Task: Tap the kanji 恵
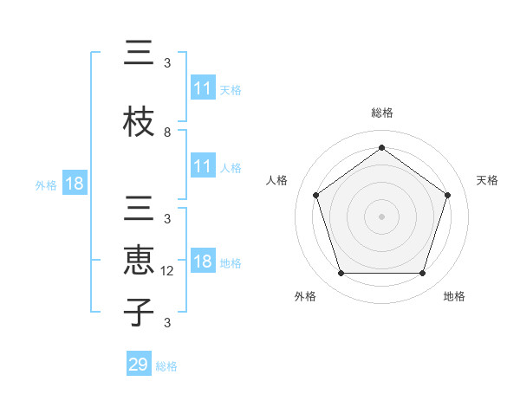[x=139, y=262]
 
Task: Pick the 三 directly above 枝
[x=139, y=55]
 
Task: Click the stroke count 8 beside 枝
[x=167, y=132]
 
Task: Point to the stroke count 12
[x=168, y=270]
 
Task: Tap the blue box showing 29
[x=138, y=365]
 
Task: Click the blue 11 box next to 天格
[x=203, y=89]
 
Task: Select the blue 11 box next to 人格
[x=203, y=167]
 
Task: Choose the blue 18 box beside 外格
[x=75, y=184]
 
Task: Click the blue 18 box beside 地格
[x=203, y=262]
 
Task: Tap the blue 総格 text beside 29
[x=166, y=366]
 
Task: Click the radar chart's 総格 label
[x=382, y=113]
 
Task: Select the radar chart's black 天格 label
[x=487, y=180]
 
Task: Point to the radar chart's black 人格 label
[x=277, y=180]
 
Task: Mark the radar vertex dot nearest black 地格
[x=423, y=273]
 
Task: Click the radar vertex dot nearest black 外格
[x=341, y=273]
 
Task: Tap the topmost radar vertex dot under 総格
[x=381, y=147]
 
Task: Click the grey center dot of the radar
[x=381, y=216]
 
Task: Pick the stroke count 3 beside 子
[x=167, y=323]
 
